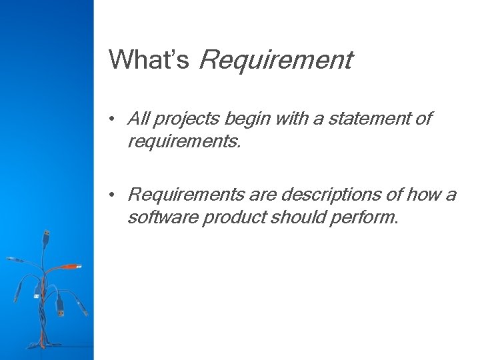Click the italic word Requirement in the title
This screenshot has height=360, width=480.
coord(275,61)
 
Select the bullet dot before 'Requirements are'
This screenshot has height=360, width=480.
coord(115,195)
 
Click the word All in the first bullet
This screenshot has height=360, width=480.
coord(138,119)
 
